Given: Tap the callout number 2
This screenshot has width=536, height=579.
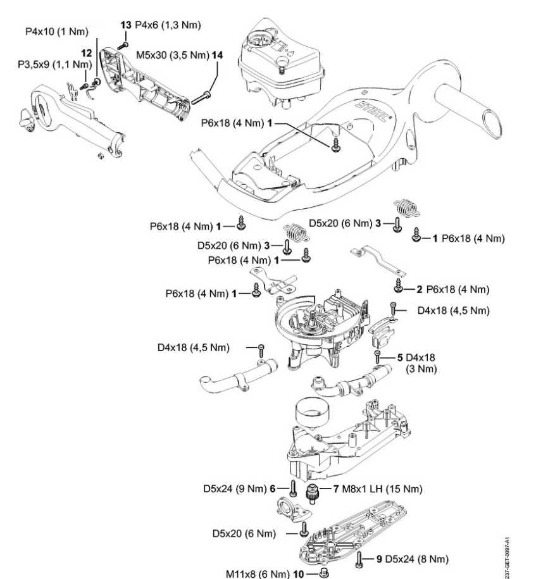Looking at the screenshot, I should click(419, 290).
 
